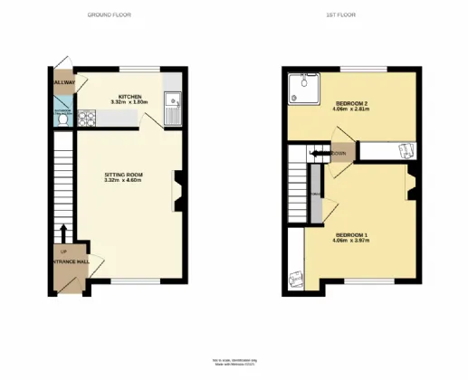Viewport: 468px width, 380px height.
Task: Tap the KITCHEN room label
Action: [x=128, y=96]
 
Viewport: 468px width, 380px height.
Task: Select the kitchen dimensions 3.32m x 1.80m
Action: [x=128, y=102]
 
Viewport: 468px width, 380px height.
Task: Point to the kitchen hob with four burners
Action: [x=88, y=117]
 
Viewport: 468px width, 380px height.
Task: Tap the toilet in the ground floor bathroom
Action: [x=61, y=120]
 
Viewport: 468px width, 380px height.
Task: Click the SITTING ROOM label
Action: [x=124, y=175]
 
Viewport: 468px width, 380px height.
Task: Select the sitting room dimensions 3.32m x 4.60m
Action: [x=124, y=181]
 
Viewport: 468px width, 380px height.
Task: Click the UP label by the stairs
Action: [x=63, y=252]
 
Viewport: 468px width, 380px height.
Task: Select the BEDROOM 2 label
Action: [x=349, y=104]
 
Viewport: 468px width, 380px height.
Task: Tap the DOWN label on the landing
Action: [x=338, y=154]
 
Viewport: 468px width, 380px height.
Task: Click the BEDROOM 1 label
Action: [x=350, y=234]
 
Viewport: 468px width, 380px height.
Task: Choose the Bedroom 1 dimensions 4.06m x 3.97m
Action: [x=350, y=241]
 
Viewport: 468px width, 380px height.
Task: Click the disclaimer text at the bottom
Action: [x=234, y=364]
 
